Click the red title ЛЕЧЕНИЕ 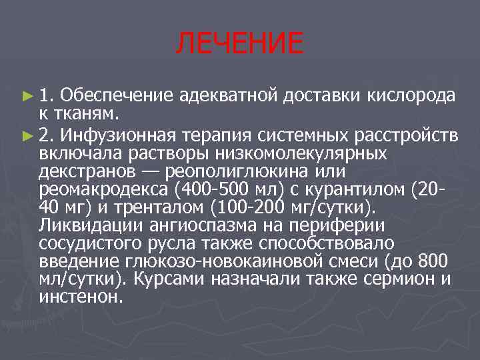[x=239, y=45]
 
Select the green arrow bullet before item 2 [x=27, y=137]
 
